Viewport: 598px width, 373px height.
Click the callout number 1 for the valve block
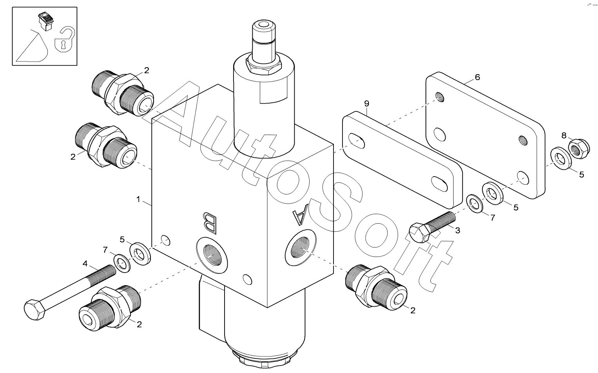138,199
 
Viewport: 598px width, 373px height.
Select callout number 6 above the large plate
477,77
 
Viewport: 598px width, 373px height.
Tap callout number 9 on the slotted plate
366,104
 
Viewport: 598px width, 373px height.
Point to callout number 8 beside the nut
564,135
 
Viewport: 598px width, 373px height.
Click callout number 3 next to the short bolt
458,230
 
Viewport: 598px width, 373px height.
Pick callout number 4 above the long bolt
85,264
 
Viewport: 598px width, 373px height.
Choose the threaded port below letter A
300,247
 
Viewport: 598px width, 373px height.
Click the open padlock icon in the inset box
65,39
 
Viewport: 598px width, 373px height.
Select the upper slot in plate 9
356,141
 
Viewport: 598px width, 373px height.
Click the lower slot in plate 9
439,184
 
